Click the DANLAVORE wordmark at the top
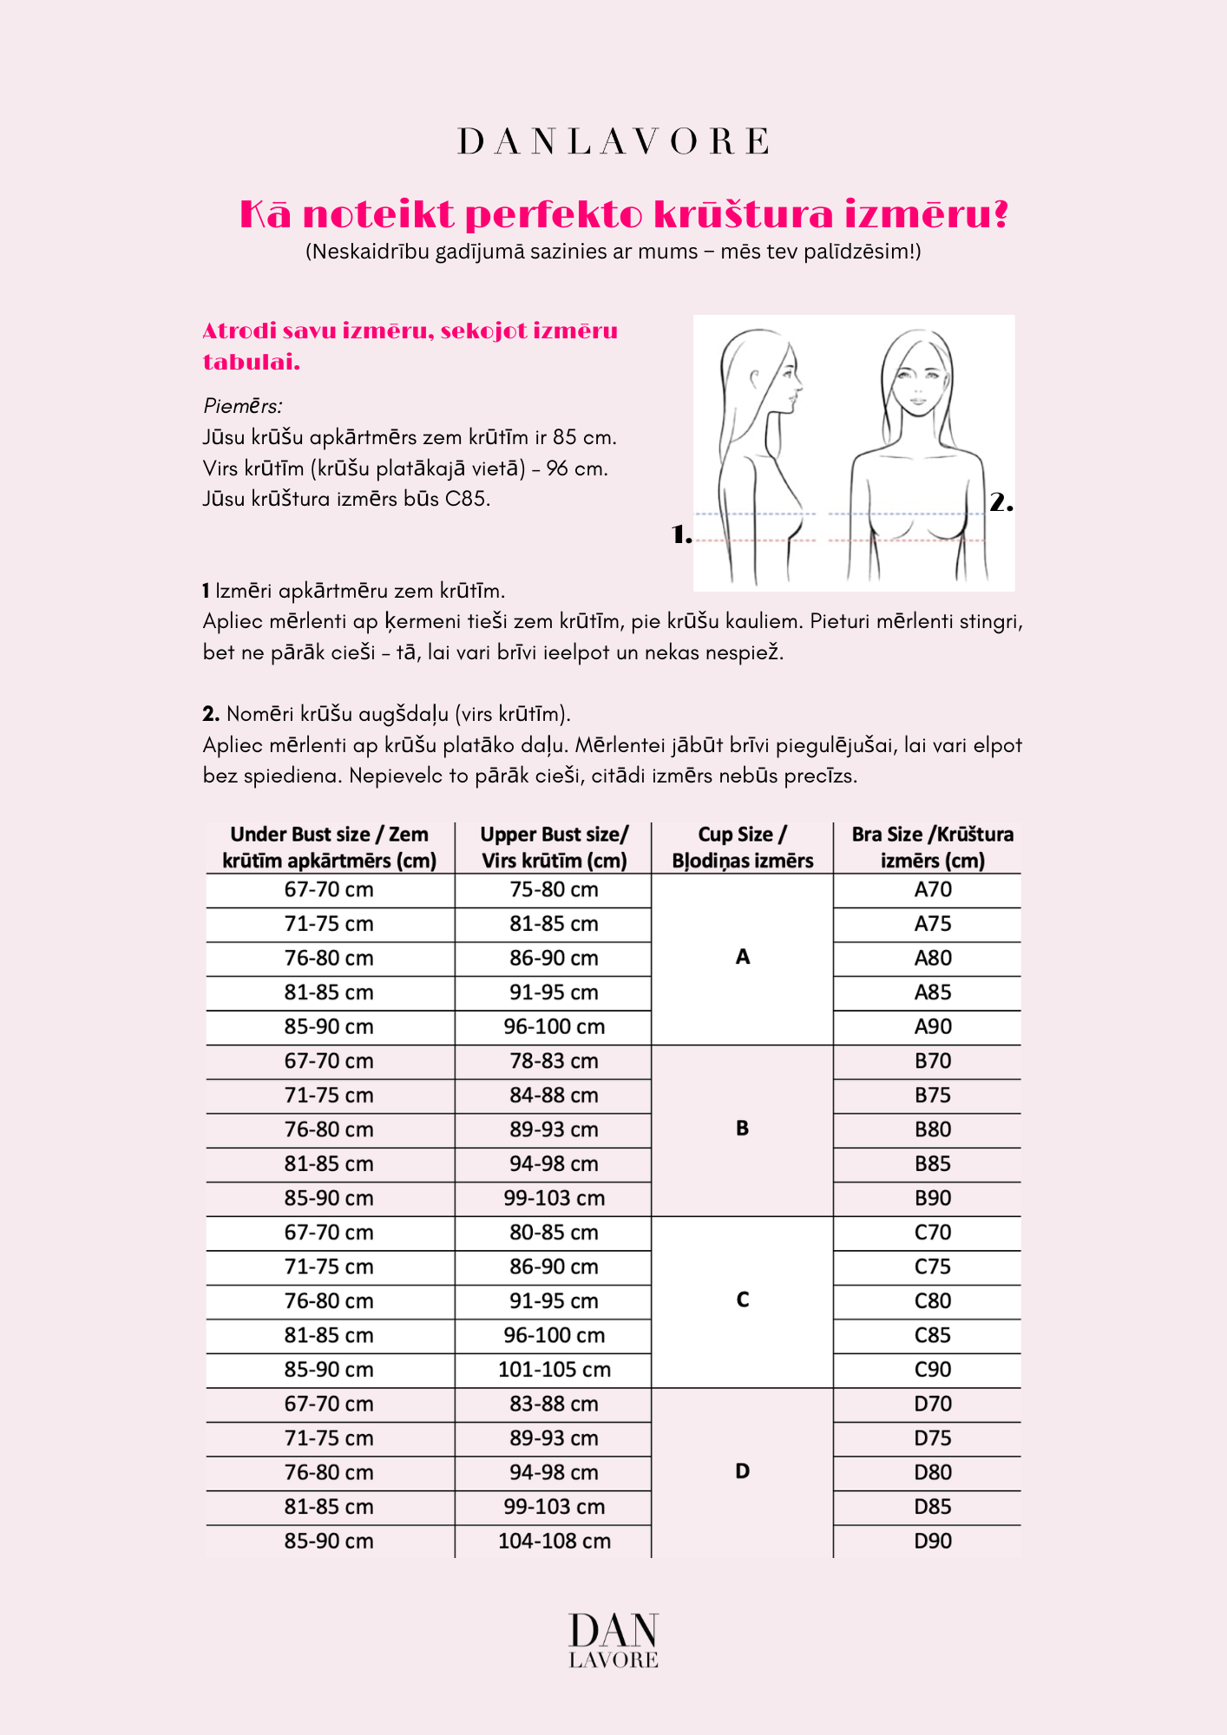613,141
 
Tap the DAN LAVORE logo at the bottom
613,1640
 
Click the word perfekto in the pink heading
554,215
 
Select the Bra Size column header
932,848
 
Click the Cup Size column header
742,848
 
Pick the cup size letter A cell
742,957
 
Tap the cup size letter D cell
742,1471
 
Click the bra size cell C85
933,1335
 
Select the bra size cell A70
933,889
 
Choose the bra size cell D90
933,1541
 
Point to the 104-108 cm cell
554,1541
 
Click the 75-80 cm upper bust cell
554,889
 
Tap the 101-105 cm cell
554,1370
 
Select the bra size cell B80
933,1129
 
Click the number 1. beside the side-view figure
682,535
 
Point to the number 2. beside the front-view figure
1001,502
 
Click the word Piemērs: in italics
242,406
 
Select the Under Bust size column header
330,848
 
